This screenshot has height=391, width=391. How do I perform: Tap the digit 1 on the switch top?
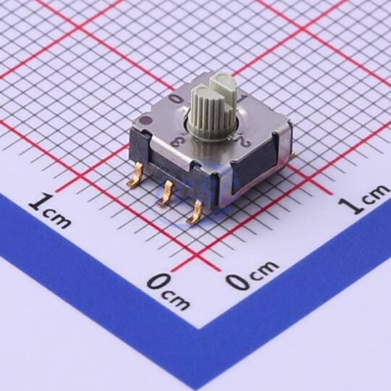click(240, 100)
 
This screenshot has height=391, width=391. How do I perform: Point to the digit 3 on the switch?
click(177, 143)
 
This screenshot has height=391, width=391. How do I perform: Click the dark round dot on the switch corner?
click(145, 121)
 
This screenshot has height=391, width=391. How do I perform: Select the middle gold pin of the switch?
click(165, 194)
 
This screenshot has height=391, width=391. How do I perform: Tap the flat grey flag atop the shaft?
click(224, 87)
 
